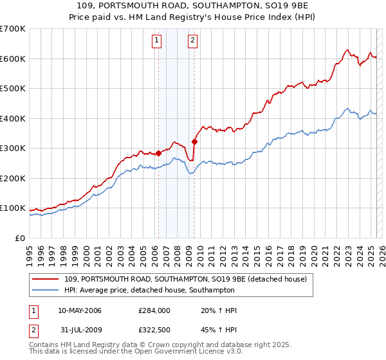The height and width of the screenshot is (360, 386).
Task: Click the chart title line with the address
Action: tap(193, 6)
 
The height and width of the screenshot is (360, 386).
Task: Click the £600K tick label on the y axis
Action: tap(13, 59)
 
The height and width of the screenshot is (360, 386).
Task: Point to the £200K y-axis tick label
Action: tap(13, 178)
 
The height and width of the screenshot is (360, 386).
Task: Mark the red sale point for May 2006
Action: tap(158, 153)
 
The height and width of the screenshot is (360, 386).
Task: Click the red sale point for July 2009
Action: tap(194, 141)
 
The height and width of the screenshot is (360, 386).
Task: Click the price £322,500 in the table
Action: tap(155, 330)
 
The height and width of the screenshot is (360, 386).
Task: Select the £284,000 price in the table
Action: tap(155, 311)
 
